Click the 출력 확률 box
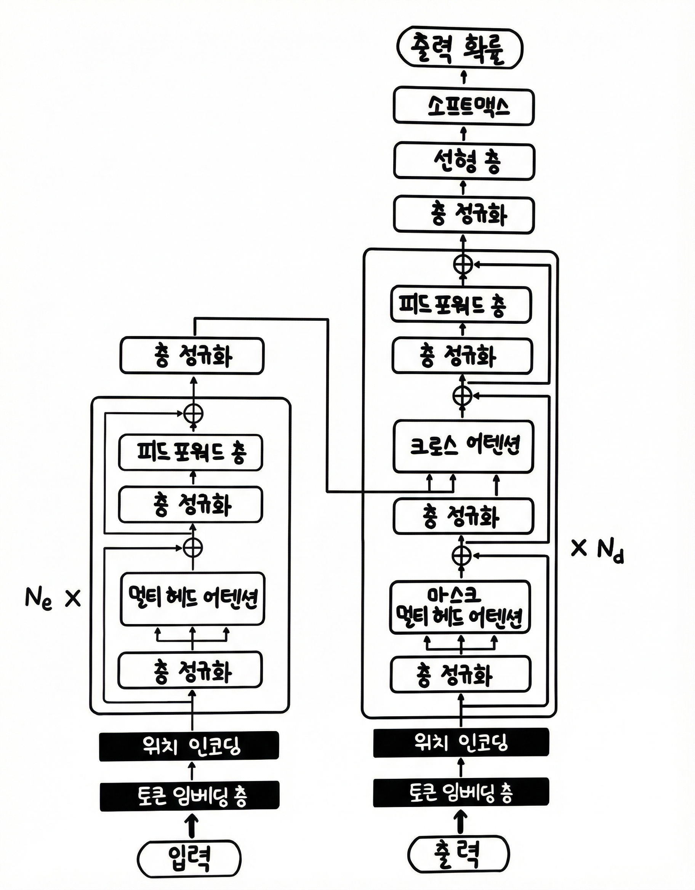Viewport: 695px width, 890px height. coord(460,48)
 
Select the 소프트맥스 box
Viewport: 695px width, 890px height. coord(463,106)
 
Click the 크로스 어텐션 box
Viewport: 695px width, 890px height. coord(463,447)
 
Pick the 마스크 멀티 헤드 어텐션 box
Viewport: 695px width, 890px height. coord(460,607)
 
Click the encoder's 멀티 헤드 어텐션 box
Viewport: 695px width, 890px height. coord(192,599)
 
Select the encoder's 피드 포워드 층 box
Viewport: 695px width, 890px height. coord(191,453)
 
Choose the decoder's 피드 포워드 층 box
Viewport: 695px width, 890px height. coord(461,304)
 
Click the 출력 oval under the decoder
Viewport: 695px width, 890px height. coord(459,855)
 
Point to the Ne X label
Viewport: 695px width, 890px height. coord(52,599)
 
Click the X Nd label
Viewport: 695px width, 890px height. coord(597,550)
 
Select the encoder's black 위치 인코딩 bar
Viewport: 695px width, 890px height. coord(189,746)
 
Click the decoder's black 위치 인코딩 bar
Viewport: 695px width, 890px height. coord(461,742)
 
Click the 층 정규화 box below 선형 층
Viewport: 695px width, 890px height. coord(463,215)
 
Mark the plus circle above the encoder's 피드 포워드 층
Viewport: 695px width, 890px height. coord(193,414)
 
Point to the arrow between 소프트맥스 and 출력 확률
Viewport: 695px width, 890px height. coord(463,77)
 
